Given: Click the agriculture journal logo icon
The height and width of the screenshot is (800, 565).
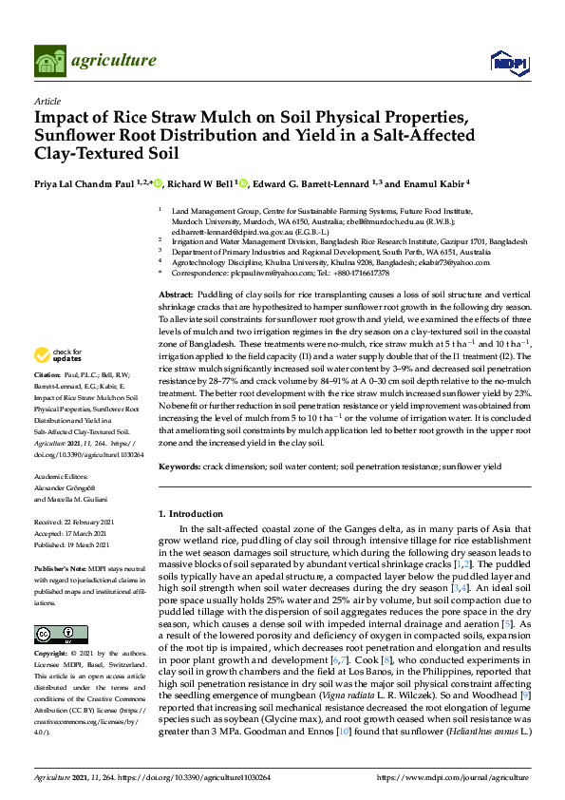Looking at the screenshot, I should tap(50, 61).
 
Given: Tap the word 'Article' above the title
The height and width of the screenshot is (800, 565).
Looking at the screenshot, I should tap(47, 100).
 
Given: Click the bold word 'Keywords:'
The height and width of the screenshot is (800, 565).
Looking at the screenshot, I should tap(180, 467).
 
